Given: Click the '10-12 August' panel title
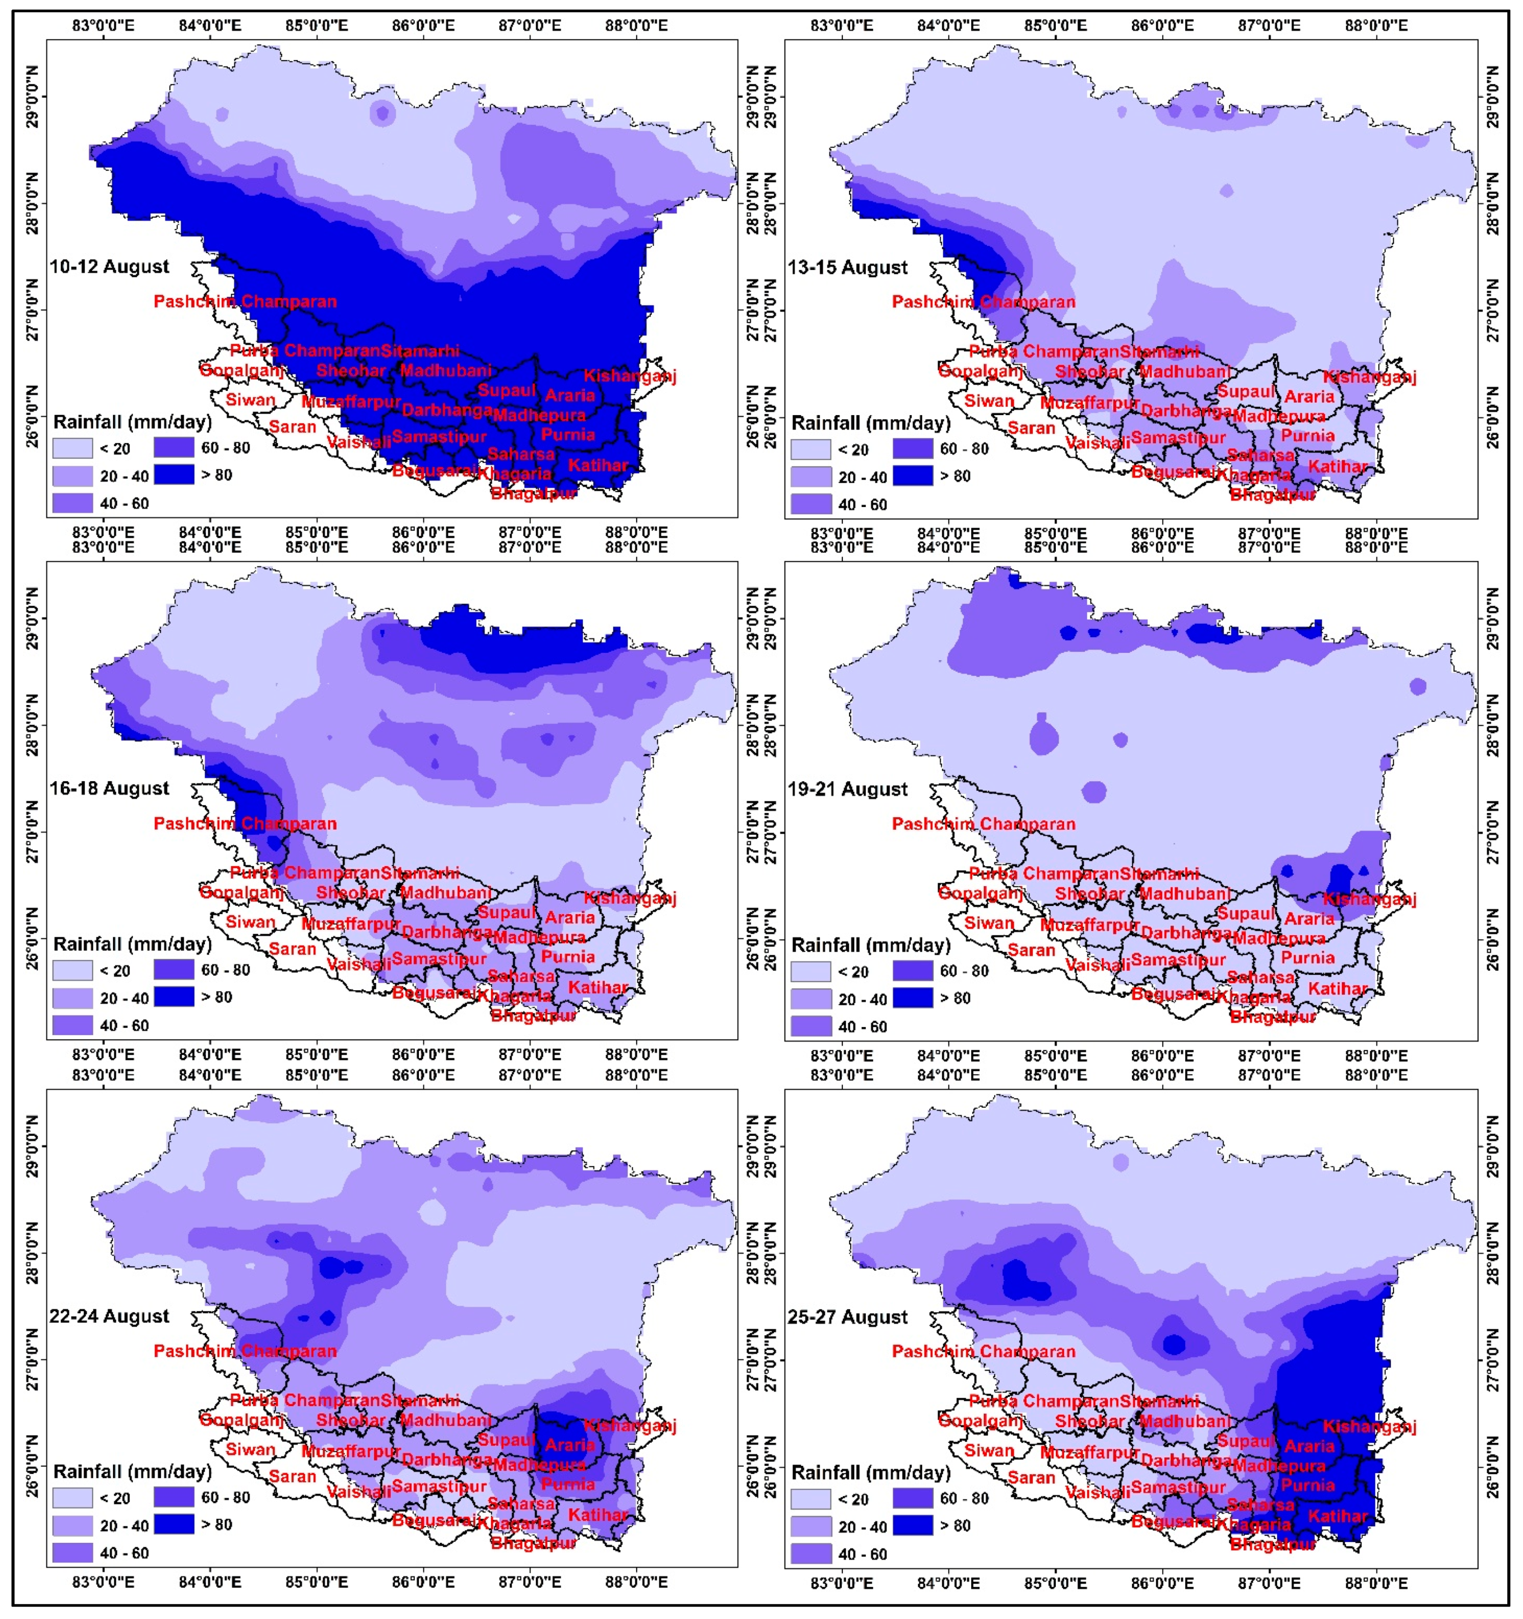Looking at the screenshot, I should pos(109,266).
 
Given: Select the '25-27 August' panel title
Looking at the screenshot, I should pos(848,1317).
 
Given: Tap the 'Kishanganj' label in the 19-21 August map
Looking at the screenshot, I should pos(1369,899).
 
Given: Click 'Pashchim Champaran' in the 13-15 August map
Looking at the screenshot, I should pos(983,302).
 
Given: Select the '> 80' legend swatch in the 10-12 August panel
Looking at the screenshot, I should pos(173,474).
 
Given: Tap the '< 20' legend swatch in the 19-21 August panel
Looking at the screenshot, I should pos(810,971).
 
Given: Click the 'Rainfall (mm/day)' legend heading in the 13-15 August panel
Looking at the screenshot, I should pos(871,424).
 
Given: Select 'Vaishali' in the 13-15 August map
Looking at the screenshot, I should pos(1097,443).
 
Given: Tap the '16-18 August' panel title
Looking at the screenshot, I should pos(109,788).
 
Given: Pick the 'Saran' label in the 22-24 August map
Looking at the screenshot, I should pos(293,1477).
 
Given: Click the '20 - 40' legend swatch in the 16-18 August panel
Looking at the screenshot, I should pos(73,998).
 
